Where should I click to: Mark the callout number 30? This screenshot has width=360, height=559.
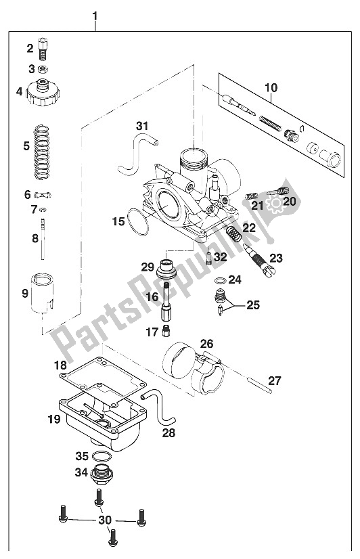(x=103, y=520)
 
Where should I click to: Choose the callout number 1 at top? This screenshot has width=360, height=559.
(x=95, y=15)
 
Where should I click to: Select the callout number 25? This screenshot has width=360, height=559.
(x=252, y=305)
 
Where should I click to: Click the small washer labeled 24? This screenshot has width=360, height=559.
(x=220, y=279)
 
